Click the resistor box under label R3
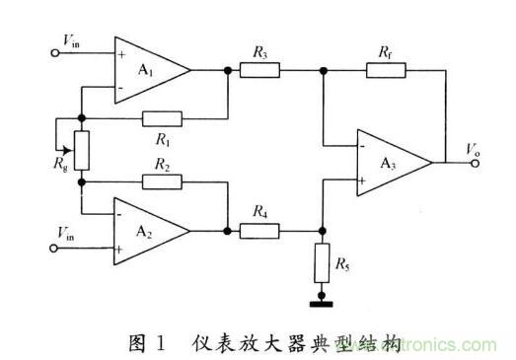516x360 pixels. pos(259,70)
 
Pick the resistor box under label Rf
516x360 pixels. pos(386,70)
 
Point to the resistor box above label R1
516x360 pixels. pos(162,118)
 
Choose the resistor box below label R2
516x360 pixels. pos(162,182)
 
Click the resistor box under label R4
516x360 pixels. pos(259,231)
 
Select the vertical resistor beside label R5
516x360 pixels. pos(322,263)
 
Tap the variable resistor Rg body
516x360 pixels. pos(82,150)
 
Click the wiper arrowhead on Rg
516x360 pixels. pos(67,150)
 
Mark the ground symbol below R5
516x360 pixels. pos(322,304)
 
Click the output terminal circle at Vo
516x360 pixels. pos(475,163)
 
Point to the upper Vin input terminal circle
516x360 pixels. pos(55,52)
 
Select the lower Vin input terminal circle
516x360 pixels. pos(54,249)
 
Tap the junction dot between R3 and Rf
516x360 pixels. pos(324,70)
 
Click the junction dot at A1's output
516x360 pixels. pos(227,70)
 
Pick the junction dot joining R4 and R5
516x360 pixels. pos(323,231)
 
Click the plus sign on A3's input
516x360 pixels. pos(362,180)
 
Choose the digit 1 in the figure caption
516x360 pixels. pos(161,343)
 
